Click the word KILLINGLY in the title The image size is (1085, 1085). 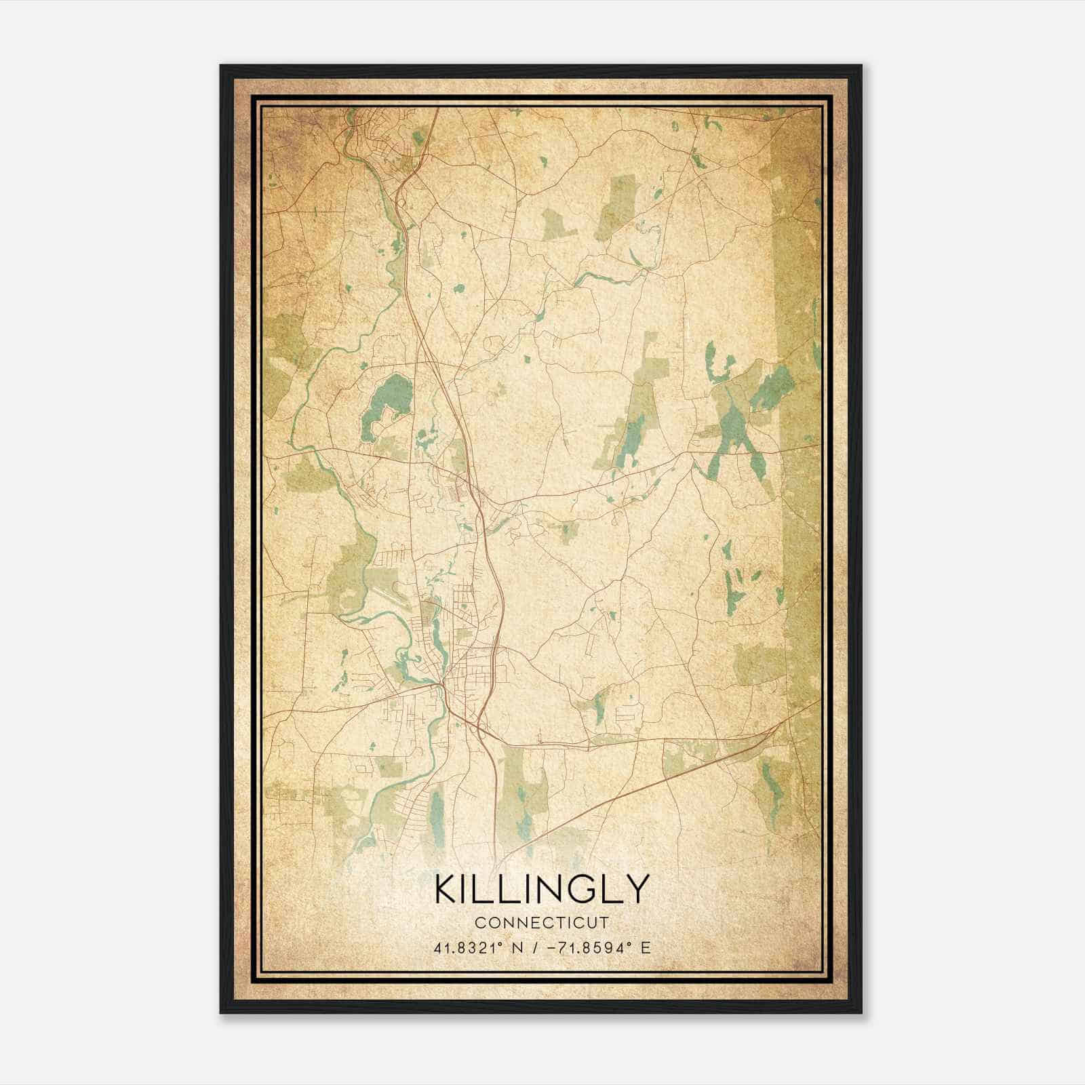point(542,889)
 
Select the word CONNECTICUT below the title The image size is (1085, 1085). point(542,923)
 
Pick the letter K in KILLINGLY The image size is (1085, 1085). point(447,889)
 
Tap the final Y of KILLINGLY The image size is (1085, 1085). point(638,889)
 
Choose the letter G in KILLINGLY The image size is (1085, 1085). point(576,889)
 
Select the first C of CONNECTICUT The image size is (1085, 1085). point(480,923)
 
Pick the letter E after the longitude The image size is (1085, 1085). point(646,947)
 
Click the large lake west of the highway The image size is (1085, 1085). point(388,404)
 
